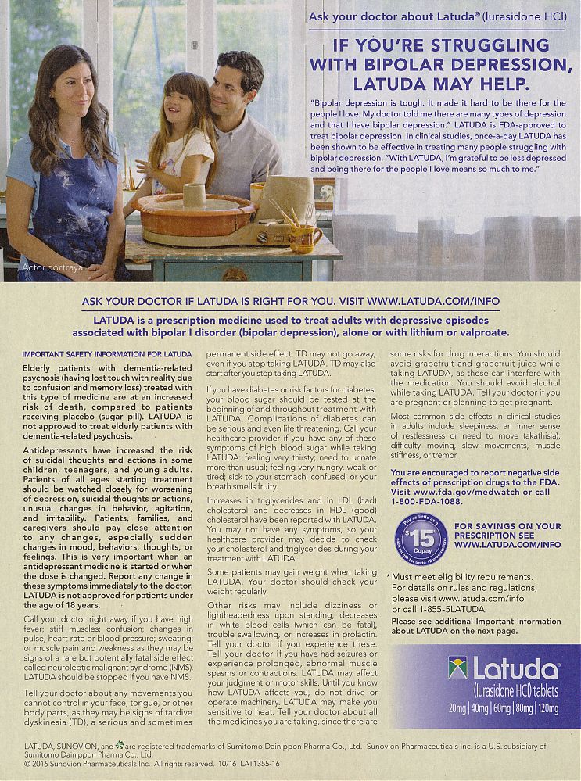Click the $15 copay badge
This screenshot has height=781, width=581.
[421, 539]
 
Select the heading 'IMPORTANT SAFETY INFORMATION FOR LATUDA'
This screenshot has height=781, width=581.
[96, 354]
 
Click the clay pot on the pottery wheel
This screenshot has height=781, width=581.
[193, 195]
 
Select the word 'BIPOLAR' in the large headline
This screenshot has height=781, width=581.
[412, 63]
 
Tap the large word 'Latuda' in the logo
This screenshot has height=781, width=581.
[516, 670]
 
